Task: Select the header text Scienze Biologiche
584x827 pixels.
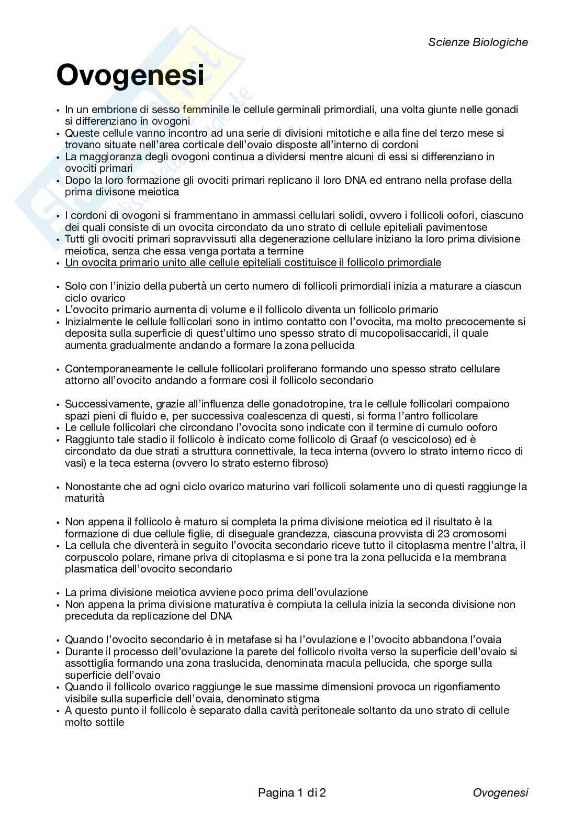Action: coord(478,42)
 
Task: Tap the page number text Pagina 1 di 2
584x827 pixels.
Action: coord(292,792)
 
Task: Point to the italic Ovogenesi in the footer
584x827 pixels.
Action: coord(500,792)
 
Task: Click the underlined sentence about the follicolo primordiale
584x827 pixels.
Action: coord(253,262)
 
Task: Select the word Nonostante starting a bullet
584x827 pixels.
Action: coord(93,487)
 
